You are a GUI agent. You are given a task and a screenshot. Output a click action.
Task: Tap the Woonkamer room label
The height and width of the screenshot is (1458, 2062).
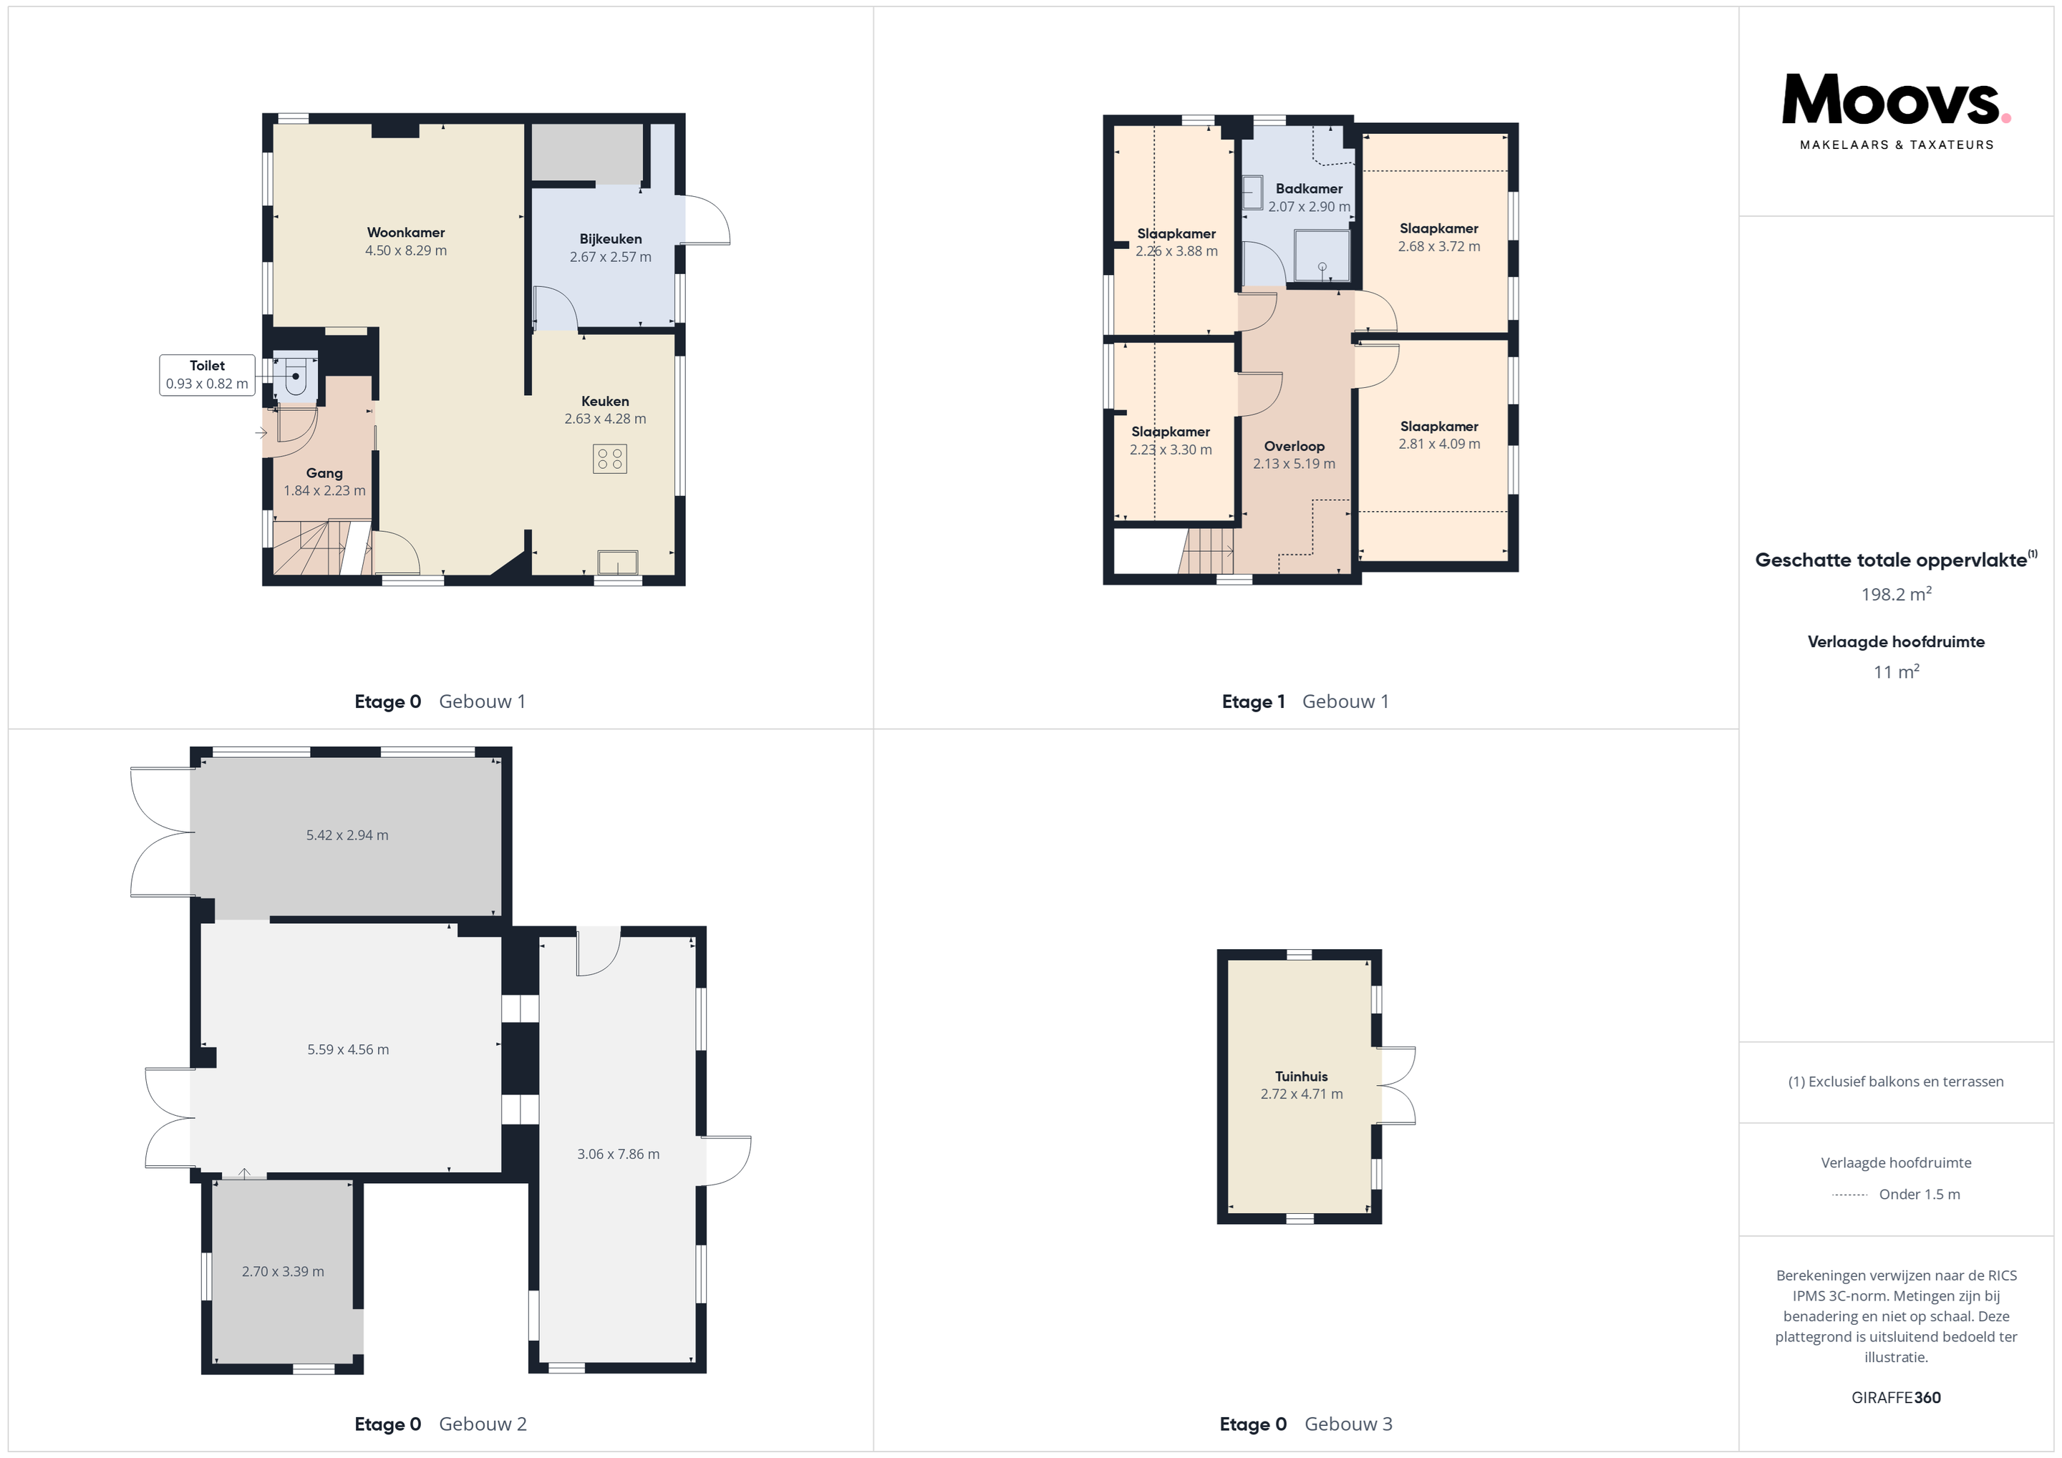pyautogui.click(x=406, y=233)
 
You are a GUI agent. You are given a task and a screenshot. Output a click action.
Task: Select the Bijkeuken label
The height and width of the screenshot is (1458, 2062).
pyautogui.click(x=611, y=239)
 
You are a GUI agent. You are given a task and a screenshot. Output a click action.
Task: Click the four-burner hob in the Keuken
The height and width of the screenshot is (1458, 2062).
pyautogui.click(x=610, y=459)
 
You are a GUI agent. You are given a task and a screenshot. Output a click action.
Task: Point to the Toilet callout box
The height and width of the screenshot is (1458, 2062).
pyautogui.click(x=207, y=374)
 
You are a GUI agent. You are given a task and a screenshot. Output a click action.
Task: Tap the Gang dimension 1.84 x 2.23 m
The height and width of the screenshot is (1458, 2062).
pyautogui.click(x=324, y=491)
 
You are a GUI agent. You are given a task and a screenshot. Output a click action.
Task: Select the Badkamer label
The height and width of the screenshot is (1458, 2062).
pyautogui.click(x=1310, y=188)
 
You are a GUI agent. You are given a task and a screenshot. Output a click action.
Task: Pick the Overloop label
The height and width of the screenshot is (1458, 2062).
pyautogui.click(x=1294, y=446)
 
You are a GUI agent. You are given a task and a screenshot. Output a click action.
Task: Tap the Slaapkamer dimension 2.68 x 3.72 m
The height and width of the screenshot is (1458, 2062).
pyautogui.click(x=1438, y=246)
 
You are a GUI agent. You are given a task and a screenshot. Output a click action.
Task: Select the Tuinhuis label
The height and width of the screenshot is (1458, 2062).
pyautogui.click(x=1302, y=1077)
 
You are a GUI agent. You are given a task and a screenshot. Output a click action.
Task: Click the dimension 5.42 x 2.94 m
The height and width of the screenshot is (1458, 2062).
pyautogui.click(x=347, y=835)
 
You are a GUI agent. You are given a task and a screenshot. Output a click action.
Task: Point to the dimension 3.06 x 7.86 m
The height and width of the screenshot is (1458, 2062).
pyautogui.click(x=618, y=1154)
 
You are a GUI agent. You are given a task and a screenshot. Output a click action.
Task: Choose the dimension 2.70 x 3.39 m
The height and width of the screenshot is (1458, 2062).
pyautogui.click(x=283, y=1271)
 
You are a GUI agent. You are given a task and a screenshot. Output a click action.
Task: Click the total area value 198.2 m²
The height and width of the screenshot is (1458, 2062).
pyautogui.click(x=1896, y=593)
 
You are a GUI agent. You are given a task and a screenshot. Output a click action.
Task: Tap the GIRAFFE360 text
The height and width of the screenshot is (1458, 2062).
pyautogui.click(x=1896, y=1398)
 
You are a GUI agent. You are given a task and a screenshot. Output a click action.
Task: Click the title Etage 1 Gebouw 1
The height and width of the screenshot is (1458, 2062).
pyautogui.click(x=1305, y=701)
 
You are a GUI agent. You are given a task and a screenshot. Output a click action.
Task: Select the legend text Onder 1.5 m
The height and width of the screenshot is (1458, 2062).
pyautogui.click(x=1920, y=1194)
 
